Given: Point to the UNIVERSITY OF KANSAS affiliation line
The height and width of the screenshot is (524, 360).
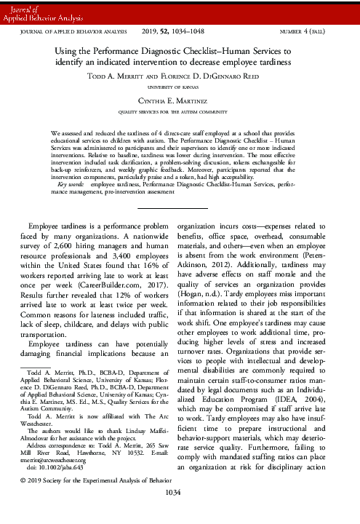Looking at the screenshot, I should coord(180,87).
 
